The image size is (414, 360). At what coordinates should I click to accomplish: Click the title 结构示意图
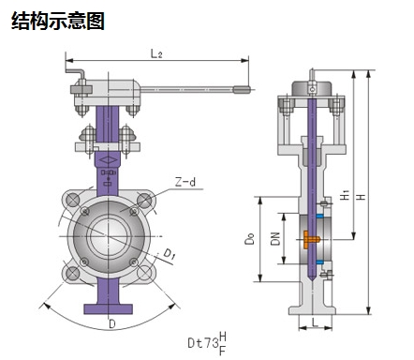[58, 21]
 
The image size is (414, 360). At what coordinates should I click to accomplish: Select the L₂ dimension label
[156, 53]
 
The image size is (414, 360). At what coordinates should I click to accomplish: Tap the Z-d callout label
[185, 181]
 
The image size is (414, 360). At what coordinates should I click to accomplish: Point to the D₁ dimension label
[169, 253]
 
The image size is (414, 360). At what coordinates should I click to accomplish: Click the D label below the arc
[112, 323]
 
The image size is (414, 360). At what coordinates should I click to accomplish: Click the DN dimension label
[275, 239]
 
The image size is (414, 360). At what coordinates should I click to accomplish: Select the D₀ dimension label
[250, 239]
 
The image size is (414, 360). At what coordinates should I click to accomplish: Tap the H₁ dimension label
[345, 195]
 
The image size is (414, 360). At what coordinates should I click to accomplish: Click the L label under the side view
[315, 322]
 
